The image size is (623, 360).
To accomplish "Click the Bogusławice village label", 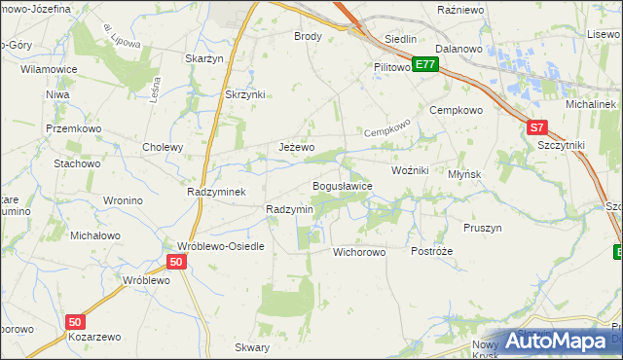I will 342,186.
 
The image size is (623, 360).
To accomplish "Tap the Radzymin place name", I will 289,209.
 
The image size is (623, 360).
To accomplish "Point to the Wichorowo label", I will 359,251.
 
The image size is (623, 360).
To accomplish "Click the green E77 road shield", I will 424,64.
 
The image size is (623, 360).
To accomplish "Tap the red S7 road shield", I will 537,126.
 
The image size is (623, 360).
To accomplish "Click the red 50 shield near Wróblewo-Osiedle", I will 176,262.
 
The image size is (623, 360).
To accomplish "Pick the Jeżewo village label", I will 296,147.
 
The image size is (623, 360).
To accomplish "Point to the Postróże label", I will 431,251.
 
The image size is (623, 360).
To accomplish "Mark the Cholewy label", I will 163,148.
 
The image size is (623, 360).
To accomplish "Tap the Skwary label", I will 252,347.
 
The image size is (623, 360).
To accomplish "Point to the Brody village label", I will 308,36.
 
